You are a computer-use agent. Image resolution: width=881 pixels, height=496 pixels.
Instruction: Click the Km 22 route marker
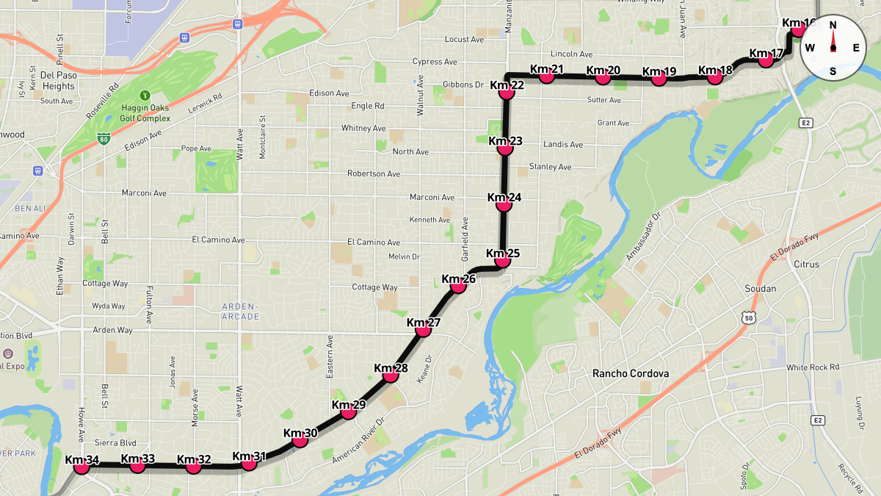click(507, 93)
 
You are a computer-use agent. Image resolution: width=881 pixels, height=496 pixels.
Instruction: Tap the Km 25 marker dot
click(503, 261)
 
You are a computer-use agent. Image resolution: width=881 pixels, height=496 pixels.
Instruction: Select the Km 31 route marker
click(249, 463)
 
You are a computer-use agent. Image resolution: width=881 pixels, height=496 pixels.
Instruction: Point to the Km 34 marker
click(81, 467)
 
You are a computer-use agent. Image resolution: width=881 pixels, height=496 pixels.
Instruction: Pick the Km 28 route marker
click(391, 375)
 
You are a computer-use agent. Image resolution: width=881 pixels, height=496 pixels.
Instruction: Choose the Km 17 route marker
click(766, 60)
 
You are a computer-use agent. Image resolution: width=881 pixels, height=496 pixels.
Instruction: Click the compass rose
click(833, 48)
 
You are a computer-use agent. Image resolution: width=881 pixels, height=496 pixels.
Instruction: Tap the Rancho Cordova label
click(631, 373)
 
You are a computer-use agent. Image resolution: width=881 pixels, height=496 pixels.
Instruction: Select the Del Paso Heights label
click(58, 81)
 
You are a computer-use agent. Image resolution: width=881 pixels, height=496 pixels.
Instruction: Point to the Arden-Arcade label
click(239, 312)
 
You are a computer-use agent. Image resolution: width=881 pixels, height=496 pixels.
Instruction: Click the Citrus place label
click(806, 264)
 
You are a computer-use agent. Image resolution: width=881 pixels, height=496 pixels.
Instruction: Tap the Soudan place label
click(760, 289)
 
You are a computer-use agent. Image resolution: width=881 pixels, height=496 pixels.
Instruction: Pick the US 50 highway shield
click(747, 317)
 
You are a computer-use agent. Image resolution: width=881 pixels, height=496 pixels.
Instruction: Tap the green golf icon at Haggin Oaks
click(145, 95)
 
